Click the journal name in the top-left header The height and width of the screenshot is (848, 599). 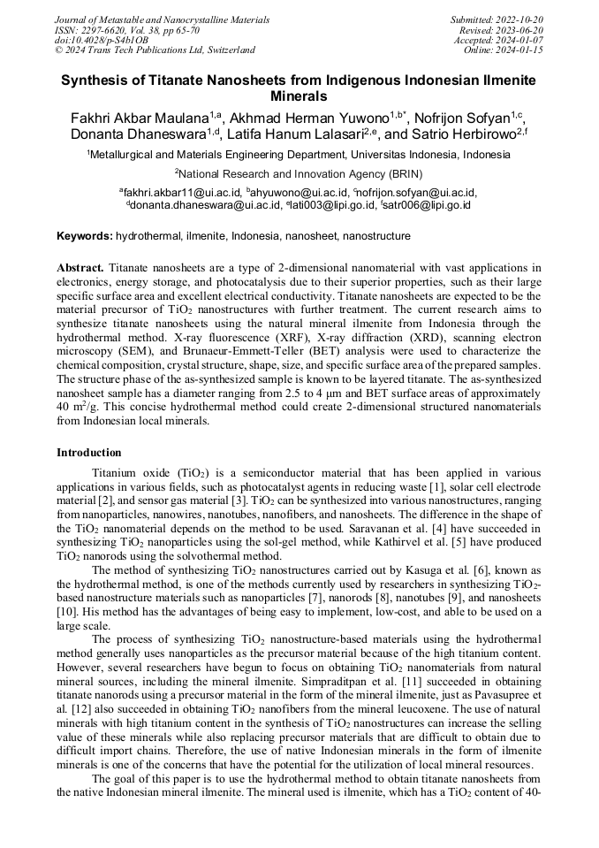[162, 19]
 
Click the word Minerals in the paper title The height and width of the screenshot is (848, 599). [299, 95]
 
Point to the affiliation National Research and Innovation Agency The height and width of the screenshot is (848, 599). [299, 173]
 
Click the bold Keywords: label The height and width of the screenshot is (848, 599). [85, 236]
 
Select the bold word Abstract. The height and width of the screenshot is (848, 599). [80, 267]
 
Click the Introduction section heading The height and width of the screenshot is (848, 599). [89, 453]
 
